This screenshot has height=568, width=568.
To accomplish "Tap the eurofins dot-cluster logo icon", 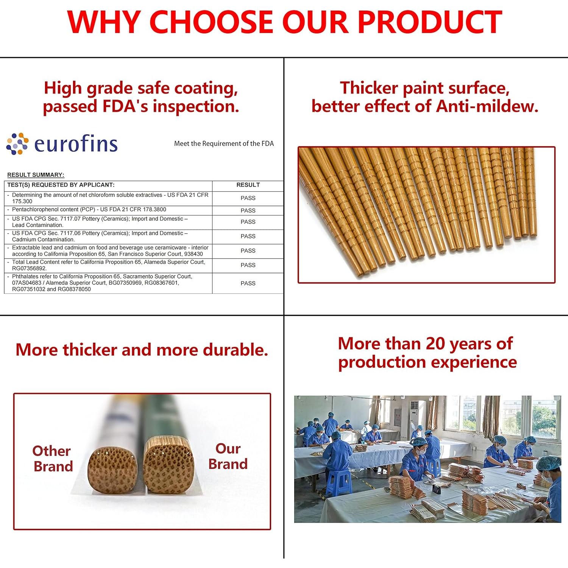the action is click(17, 144).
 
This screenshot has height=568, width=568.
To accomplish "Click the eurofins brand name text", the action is click(76, 144).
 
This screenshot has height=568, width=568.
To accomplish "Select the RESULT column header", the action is click(248, 185).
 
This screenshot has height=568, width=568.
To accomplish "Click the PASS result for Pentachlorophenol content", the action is click(248, 211).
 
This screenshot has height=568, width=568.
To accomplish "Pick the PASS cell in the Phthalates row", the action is click(248, 283).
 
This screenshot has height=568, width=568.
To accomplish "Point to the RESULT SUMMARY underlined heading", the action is click(36, 175).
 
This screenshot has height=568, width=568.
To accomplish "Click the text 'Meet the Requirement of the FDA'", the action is click(224, 144).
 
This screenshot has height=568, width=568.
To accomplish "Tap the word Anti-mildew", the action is click(487, 106).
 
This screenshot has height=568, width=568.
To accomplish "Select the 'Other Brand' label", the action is click(53, 459).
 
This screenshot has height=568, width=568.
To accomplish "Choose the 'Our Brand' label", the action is click(228, 456).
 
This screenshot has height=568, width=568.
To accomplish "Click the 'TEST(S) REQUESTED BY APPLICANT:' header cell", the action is click(61, 185).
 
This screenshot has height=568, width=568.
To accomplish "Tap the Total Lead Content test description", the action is click(108, 265).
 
